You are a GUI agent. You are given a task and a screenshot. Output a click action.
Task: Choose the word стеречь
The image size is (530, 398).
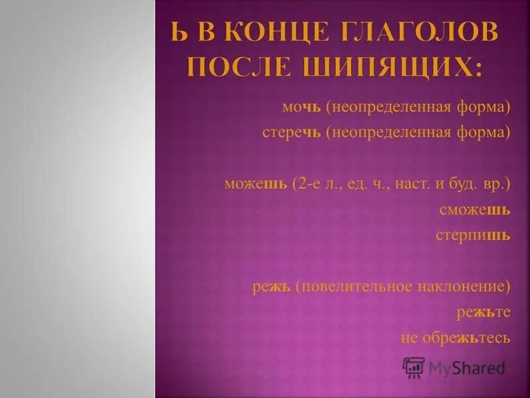click(x=291, y=131)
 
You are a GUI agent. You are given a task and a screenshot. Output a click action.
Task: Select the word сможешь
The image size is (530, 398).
click(x=474, y=210)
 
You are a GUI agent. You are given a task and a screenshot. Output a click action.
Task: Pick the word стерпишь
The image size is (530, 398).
click(x=472, y=235)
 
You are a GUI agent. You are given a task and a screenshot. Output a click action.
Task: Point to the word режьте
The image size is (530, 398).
click(x=483, y=312)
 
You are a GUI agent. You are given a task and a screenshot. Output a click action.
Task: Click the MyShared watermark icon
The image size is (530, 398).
click(x=413, y=367)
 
